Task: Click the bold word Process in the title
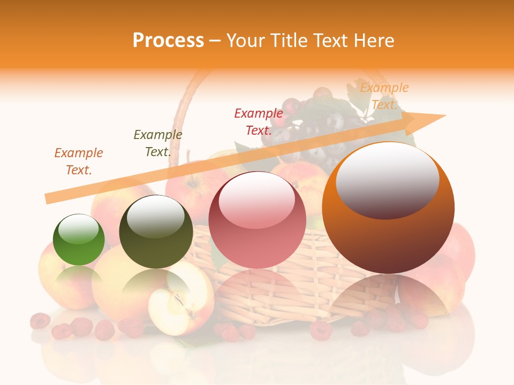pos(168,40)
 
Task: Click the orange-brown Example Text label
pos(79,161)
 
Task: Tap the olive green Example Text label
pos(157,143)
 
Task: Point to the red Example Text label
pos(258,121)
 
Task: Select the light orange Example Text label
pos(384,96)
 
